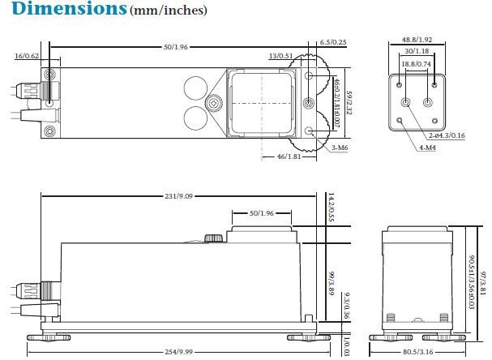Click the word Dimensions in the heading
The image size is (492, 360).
tap(63, 11)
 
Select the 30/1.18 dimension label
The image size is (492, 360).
tap(417, 51)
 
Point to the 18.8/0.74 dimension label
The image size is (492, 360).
tap(417, 64)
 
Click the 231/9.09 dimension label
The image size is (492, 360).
tap(178, 195)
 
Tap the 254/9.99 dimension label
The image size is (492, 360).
tap(178, 352)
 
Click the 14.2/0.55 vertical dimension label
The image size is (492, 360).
tap(332, 208)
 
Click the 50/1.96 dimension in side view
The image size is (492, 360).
tap(261, 213)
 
